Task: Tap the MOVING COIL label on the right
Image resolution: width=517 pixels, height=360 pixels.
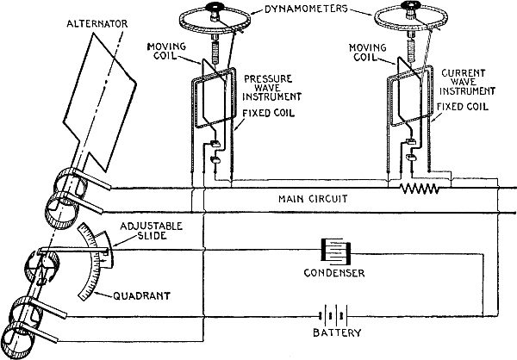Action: point(366,51)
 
